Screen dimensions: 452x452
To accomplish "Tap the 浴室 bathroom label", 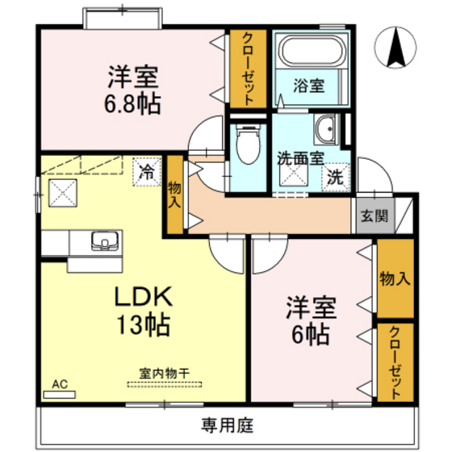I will [309, 85].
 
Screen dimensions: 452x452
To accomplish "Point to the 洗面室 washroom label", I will [299, 159].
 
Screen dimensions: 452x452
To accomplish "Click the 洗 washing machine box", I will [334, 178].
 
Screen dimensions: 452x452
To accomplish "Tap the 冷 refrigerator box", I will [147, 171].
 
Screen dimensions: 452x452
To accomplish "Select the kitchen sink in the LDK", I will [103, 241].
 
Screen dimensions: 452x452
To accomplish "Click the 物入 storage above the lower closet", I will [395, 279].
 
